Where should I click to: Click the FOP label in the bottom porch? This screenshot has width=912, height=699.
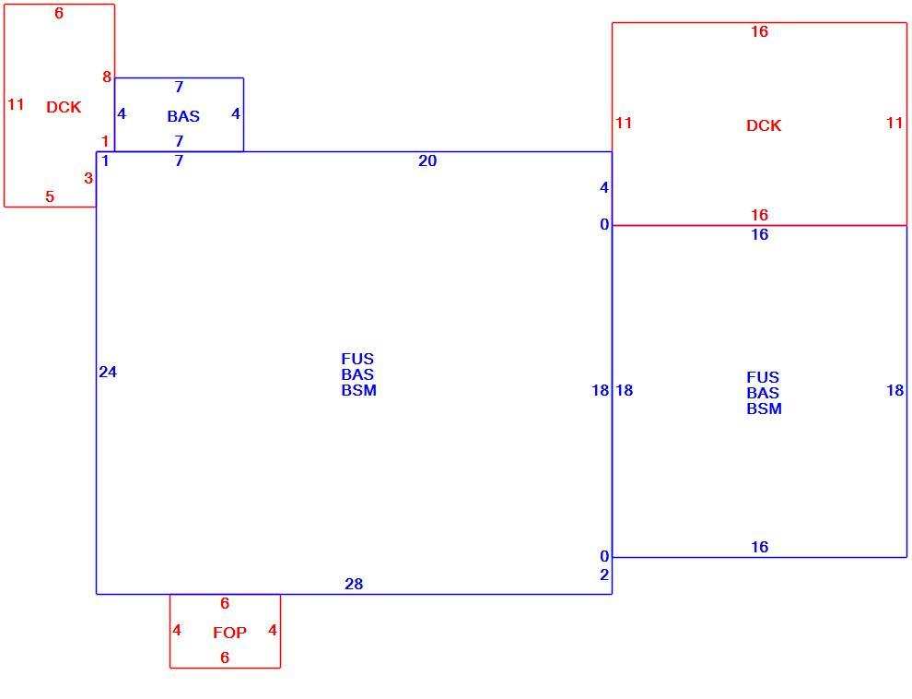click(x=229, y=633)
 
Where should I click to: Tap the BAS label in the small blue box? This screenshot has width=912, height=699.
click(x=183, y=116)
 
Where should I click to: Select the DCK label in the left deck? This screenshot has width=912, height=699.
click(x=64, y=107)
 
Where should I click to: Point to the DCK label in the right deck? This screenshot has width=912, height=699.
click(x=764, y=125)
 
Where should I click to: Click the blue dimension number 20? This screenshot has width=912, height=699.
click(x=427, y=161)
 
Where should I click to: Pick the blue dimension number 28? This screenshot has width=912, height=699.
click(x=354, y=584)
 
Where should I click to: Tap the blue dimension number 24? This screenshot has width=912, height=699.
click(x=108, y=372)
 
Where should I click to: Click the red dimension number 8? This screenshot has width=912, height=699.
click(x=107, y=77)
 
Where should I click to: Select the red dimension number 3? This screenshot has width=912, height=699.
click(x=88, y=178)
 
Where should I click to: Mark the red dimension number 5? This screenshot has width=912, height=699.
click(x=50, y=196)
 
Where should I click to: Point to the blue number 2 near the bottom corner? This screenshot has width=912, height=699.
click(x=604, y=575)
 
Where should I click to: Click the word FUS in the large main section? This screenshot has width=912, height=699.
click(x=357, y=359)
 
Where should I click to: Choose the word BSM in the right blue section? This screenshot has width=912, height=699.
click(x=765, y=409)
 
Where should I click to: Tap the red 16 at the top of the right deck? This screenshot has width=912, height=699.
click(x=760, y=31)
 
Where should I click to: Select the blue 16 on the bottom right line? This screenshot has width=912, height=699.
click(x=760, y=547)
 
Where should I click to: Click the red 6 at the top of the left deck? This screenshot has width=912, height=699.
click(x=59, y=14)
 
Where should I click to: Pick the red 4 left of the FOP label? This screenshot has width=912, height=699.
click(x=177, y=631)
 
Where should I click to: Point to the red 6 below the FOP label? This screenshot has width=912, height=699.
click(x=225, y=658)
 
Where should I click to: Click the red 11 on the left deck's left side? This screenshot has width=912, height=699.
click(x=16, y=105)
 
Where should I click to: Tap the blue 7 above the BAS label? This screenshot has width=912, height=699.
click(x=179, y=87)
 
